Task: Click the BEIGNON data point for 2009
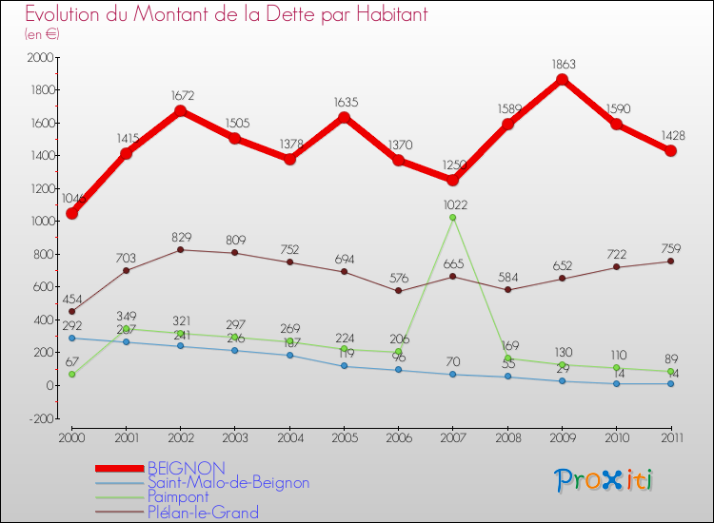(562, 80)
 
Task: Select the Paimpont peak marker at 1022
(452, 218)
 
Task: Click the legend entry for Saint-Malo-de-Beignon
(228, 483)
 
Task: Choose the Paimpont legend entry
(179, 497)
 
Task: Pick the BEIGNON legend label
(186, 468)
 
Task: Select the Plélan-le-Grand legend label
(202, 513)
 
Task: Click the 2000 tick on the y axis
(40, 58)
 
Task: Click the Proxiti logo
(605, 480)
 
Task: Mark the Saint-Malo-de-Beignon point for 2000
(71, 338)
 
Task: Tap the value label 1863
(562, 65)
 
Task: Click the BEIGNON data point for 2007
(452, 180)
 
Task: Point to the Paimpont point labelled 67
(71, 375)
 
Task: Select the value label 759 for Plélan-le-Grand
(670, 247)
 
